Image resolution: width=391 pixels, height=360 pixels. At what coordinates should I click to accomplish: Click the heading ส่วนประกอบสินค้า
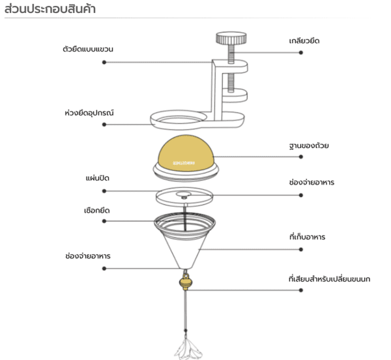click(x=45, y=9)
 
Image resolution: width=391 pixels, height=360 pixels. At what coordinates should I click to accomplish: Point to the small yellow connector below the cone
click(x=186, y=282)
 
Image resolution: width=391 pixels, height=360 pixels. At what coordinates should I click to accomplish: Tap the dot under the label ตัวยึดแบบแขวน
click(x=104, y=62)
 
